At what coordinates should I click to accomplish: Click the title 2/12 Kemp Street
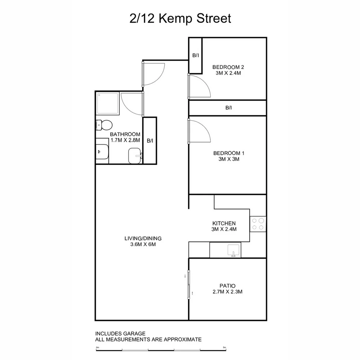(180, 18)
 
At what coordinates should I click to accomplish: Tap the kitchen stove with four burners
(258, 224)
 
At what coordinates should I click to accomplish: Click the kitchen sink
(233, 250)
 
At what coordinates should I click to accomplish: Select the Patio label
(228, 286)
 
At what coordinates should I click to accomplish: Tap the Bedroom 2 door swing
(199, 86)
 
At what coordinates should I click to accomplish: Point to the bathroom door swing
(132, 103)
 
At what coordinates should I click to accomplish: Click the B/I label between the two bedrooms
(228, 108)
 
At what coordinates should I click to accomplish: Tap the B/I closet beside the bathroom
(150, 141)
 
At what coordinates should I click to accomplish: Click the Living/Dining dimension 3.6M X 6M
(143, 244)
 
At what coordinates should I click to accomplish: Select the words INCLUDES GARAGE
(120, 333)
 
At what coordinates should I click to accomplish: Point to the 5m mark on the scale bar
(224, 348)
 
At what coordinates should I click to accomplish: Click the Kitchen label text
(224, 223)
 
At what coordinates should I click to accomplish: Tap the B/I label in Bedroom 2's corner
(196, 55)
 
